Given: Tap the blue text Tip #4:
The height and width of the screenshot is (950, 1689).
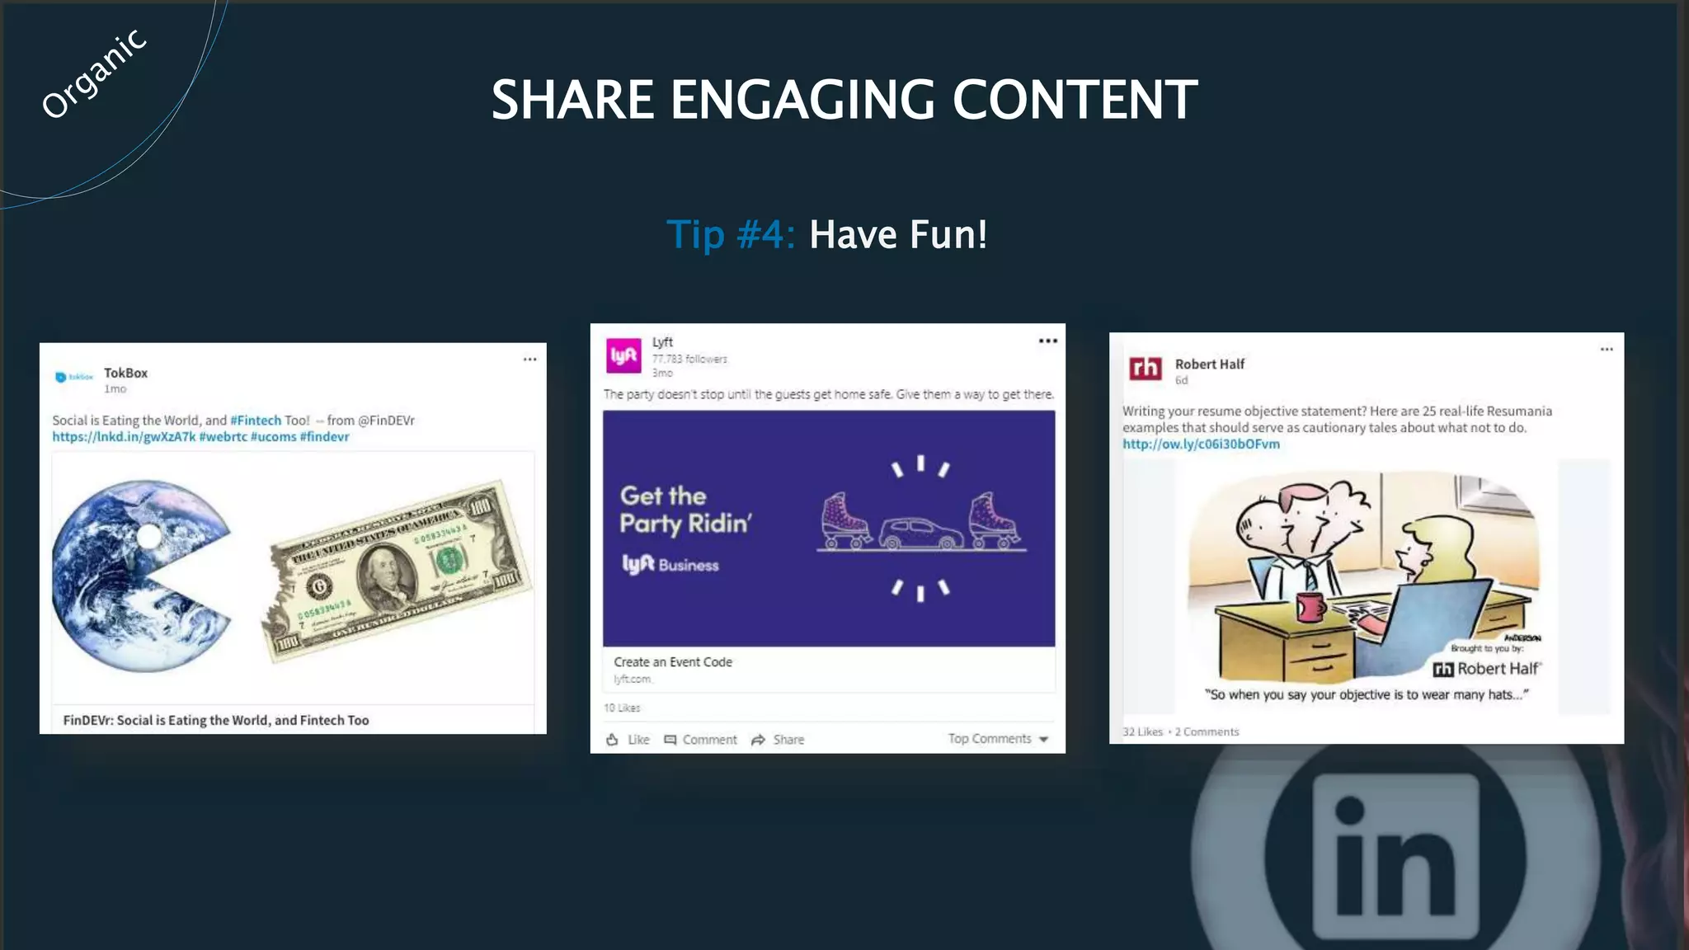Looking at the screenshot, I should click(730, 234).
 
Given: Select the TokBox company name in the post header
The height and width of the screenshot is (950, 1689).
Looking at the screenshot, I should click(125, 373).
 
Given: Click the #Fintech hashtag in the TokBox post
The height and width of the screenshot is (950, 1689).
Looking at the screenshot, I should click(256, 421).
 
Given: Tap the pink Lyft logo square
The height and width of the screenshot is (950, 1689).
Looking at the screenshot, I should click(623, 355).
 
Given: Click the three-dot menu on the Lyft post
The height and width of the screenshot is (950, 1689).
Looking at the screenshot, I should click(1047, 341).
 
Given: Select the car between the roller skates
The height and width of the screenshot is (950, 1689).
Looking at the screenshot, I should click(921, 534).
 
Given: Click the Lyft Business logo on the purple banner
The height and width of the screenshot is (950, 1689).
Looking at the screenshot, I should click(670, 565).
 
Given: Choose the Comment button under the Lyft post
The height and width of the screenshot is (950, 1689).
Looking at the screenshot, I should click(701, 740).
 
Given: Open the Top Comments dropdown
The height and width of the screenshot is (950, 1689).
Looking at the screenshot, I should click(998, 739).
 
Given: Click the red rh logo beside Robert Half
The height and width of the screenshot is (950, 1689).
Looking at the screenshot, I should click(1146, 368).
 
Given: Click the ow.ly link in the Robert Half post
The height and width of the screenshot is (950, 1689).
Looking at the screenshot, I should click(1201, 444).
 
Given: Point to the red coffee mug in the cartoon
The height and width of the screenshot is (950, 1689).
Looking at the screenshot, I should click(1310, 606).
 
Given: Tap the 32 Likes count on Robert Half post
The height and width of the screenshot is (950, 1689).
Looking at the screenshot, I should click(1142, 731).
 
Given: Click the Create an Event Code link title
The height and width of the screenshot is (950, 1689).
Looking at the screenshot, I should click(673, 662).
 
